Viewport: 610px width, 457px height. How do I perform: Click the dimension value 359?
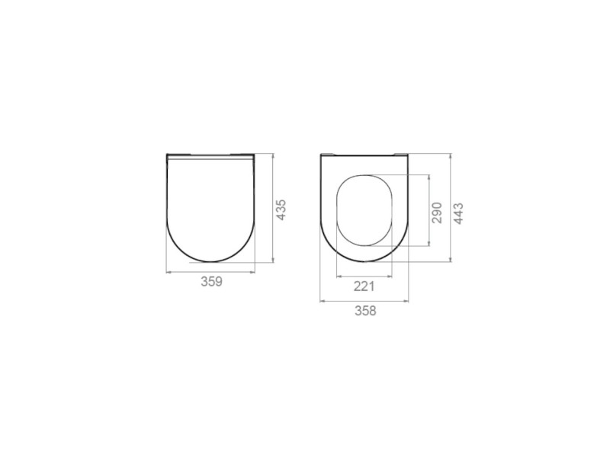coord(212,282)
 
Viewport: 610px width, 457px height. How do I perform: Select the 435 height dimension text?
coord(281,210)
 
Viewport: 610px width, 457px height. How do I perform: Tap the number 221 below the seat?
coord(364,286)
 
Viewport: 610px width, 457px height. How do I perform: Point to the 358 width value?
coord(366,311)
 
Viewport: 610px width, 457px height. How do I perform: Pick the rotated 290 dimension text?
coord(437,213)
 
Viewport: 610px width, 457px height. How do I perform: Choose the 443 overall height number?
coord(459,213)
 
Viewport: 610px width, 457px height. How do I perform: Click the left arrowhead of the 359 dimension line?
coord(169,273)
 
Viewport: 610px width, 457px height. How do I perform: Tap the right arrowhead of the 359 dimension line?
coord(253,273)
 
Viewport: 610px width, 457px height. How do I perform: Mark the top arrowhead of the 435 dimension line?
coord(273,157)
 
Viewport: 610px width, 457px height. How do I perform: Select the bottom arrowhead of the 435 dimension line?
coord(273,260)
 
